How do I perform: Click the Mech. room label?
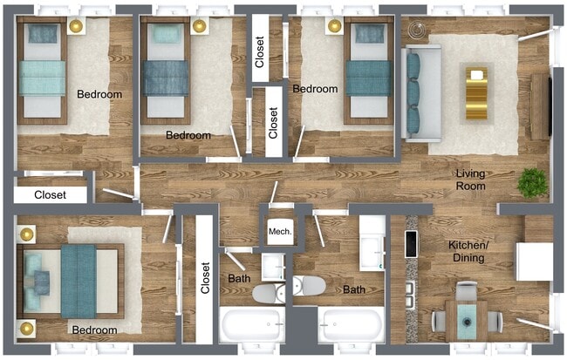click(x=280, y=231)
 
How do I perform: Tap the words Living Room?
click(x=470, y=180)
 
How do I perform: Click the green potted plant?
click(x=531, y=183)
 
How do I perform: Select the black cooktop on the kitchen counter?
click(x=410, y=246)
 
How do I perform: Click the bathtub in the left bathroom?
click(x=252, y=328)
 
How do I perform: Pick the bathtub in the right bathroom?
click(x=350, y=328)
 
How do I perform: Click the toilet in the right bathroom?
click(x=310, y=286)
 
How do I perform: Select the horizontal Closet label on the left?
click(x=50, y=195)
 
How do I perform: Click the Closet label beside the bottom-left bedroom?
click(x=205, y=278)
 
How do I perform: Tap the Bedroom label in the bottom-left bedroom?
click(x=94, y=330)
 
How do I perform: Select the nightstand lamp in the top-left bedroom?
click(x=75, y=26)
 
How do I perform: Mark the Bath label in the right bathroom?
click(x=353, y=289)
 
